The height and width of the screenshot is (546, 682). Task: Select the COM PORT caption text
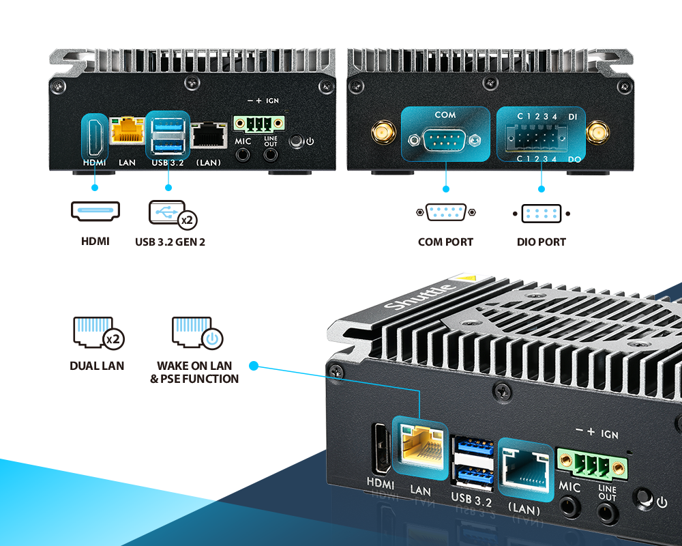tap(445, 242)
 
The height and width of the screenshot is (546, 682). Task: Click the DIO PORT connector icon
tap(541, 214)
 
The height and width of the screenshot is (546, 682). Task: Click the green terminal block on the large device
tap(591, 465)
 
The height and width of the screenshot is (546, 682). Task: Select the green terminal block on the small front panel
tap(259, 124)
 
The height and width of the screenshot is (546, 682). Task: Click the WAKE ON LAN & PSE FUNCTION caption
tap(194, 372)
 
